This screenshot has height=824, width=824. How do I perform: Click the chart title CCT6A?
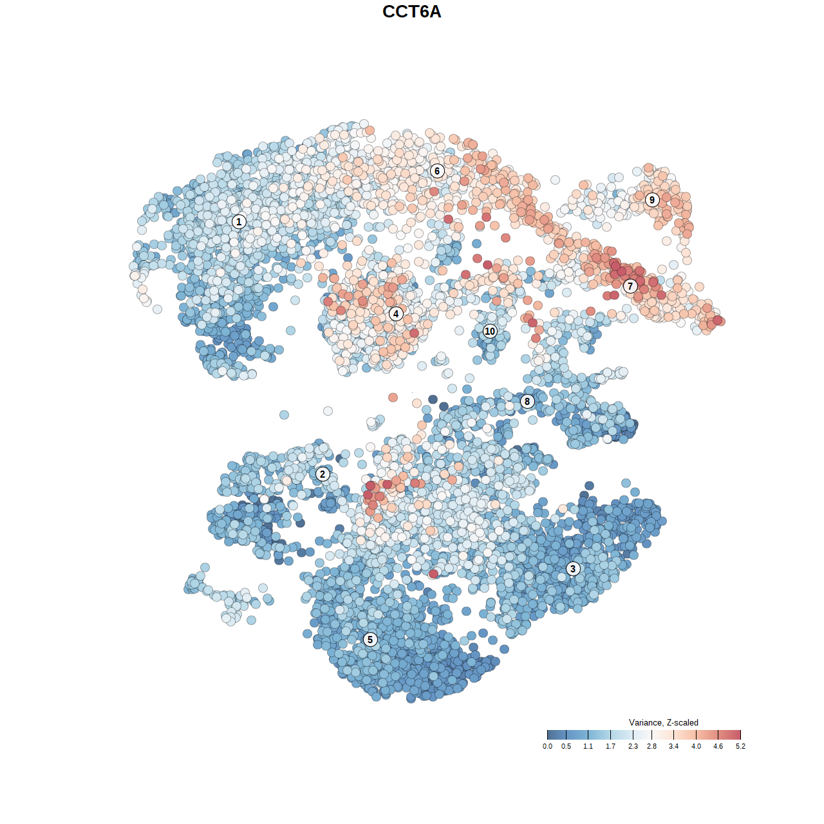(412, 12)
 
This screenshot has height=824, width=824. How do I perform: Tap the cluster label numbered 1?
(239, 221)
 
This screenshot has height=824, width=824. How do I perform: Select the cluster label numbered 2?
(323, 474)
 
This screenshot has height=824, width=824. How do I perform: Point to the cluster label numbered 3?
(573, 568)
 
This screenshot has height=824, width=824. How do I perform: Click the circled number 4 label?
(396, 314)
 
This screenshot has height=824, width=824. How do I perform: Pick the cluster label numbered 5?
(370, 639)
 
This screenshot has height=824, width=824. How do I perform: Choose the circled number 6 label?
(437, 171)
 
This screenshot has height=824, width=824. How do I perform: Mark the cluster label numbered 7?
(630, 286)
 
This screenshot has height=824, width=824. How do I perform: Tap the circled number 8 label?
(527, 401)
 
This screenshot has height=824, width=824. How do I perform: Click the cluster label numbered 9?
(652, 200)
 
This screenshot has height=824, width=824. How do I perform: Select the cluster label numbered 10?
(490, 331)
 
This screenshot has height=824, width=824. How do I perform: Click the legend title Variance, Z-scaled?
(663, 722)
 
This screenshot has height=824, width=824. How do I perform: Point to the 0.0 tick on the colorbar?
(547, 746)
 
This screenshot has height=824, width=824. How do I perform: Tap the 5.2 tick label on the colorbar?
(740, 746)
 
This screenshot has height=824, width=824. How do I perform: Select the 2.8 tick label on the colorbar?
(651, 746)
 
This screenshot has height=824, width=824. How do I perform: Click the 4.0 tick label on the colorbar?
(696, 746)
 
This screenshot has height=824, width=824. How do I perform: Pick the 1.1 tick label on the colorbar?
(588, 746)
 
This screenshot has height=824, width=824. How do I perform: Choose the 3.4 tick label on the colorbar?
(673, 746)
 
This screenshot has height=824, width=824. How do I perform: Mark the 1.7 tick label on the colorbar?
(610, 746)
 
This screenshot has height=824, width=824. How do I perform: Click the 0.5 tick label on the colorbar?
(566, 746)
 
